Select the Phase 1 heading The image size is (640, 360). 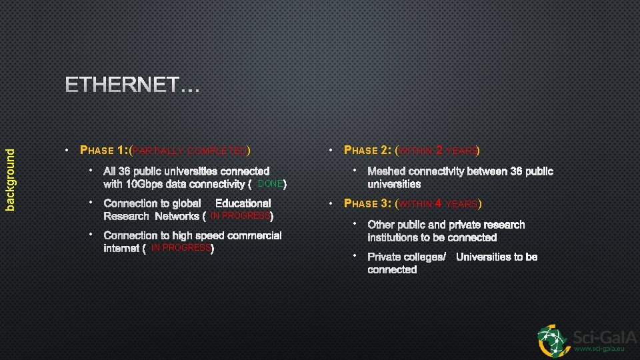point(105,150)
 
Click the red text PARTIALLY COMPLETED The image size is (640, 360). point(191,151)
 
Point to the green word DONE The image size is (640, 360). point(270,183)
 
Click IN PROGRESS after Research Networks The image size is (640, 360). point(240,216)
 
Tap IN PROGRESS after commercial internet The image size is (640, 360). point(181,248)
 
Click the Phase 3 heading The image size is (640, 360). point(368,203)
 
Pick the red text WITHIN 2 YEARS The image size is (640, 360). point(439,151)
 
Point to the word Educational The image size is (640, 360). point(243,203)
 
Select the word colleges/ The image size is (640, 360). point(425,257)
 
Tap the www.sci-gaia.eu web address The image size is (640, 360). point(599,349)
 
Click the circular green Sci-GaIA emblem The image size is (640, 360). point(554,340)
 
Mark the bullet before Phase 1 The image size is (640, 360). point(67,150)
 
